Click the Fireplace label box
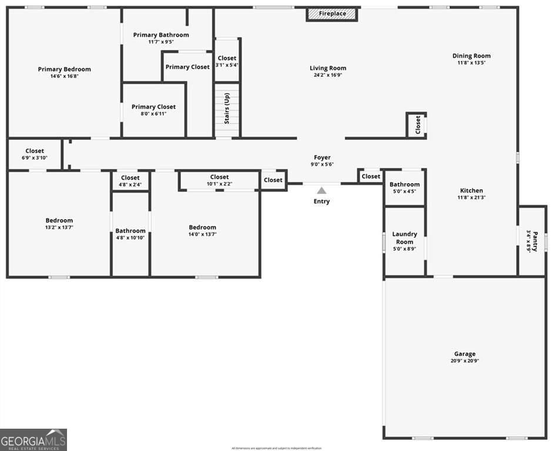(x=332, y=14)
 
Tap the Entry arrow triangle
(x=321, y=190)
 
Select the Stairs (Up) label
(x=227, y=109)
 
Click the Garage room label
(x=465, y=354)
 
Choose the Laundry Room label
(x=404, y=238)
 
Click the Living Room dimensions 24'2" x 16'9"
(x=328, y=75)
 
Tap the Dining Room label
(x=471, y=56)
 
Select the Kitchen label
(x=471, y=190)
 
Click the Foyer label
(x=322, y=157)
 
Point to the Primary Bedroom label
(x=65, y=69)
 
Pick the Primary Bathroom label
(x=161, y=35)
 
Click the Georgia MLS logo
(x=33, y=439)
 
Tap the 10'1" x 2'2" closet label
(x=219, y=180)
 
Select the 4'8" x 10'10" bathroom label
(x=130, y=234)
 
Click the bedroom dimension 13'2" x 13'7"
(x=59, y=227)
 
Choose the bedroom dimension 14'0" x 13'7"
(x=202, y=234)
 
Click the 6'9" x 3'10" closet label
(x=35, y=154)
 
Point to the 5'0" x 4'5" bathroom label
(x=404, y=188)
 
